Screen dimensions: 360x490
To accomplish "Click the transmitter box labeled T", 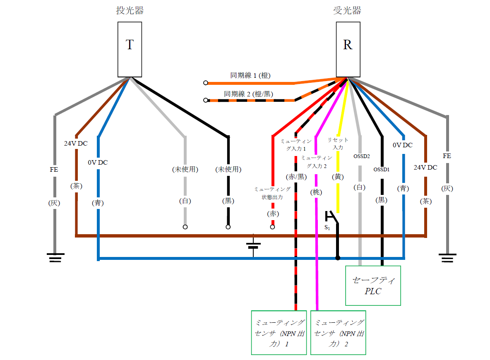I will (x=130, y=49).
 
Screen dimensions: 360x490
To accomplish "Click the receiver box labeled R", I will (x=348, y=49).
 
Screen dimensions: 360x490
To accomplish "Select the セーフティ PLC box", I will (x=373, y=286).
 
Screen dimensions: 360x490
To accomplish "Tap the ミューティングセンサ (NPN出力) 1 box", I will (x=279, y=332).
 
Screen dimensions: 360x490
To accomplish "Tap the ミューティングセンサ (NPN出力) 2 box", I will (x=338, y=332).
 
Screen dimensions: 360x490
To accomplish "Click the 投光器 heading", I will (x=130, y=11).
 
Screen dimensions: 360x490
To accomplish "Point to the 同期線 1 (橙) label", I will (x=250, y=76).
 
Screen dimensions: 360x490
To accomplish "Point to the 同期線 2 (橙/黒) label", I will (x=248, y=94).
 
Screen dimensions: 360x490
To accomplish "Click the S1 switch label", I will (x=327, y=228).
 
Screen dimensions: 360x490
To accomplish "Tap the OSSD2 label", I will (x=361, y=156).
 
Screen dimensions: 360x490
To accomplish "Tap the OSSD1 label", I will (x=381, y=169).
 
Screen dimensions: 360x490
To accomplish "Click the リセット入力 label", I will (x=338, y=144).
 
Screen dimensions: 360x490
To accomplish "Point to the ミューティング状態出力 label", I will (x=272, y=193).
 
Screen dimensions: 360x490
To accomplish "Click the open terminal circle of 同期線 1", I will (x=205, y=83).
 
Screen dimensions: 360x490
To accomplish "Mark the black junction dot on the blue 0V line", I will (x=338, y=258).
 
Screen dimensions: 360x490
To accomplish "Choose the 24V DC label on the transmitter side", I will (x=76, y=144).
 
